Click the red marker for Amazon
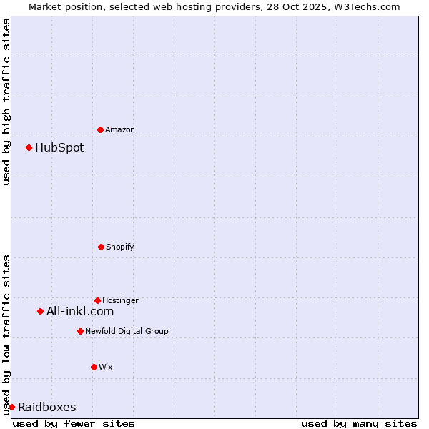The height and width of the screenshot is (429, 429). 100,129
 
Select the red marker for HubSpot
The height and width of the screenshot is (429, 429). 29,147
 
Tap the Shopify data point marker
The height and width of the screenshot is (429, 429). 101,247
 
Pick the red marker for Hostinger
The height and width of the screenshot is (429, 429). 97,300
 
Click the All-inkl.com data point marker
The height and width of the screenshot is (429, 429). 40,311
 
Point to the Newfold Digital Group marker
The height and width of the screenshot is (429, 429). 80,331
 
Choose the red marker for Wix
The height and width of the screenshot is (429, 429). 94,367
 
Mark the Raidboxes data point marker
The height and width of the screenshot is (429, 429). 11,407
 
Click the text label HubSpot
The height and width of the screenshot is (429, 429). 59,148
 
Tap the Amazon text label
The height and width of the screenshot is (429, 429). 120,130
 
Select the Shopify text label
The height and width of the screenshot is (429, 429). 119,247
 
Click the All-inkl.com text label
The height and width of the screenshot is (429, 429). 80,312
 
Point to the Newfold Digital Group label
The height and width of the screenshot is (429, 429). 127,332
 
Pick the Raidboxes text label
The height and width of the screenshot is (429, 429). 47,408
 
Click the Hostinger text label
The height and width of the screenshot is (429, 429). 120,301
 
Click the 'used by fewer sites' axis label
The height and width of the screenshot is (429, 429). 74,423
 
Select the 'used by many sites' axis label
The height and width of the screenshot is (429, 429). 359,423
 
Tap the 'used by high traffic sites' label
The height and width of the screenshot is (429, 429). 6,102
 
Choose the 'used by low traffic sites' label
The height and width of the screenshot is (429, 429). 6,335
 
